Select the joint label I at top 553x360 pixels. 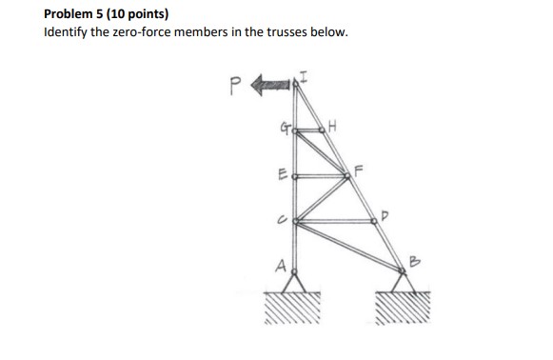[305, 76]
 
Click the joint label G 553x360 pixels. [284, 127]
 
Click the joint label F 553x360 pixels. [361, 170]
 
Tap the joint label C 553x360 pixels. [284, 220]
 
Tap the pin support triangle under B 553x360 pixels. [405, 282]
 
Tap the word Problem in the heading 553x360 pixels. [72, 14]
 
